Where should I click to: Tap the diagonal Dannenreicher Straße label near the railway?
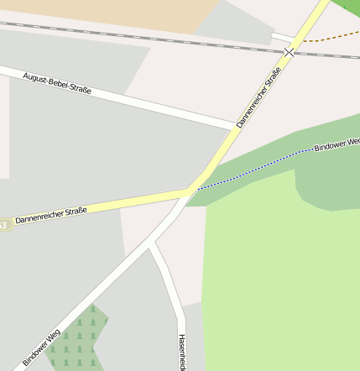[x=258, y=97]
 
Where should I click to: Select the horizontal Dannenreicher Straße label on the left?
[x=51, y=216]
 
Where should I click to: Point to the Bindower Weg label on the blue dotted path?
[x=337, y=144]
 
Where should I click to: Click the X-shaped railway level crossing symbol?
[x=290, y=52]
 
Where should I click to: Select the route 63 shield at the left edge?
[x=3, y=224]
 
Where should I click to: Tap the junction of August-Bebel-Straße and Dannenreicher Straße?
[x=234, y=128]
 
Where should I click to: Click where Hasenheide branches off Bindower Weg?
[x=152, y=244]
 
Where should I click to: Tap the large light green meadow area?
[x=277, y=277]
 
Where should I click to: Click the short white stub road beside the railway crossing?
[x=282, y=37]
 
